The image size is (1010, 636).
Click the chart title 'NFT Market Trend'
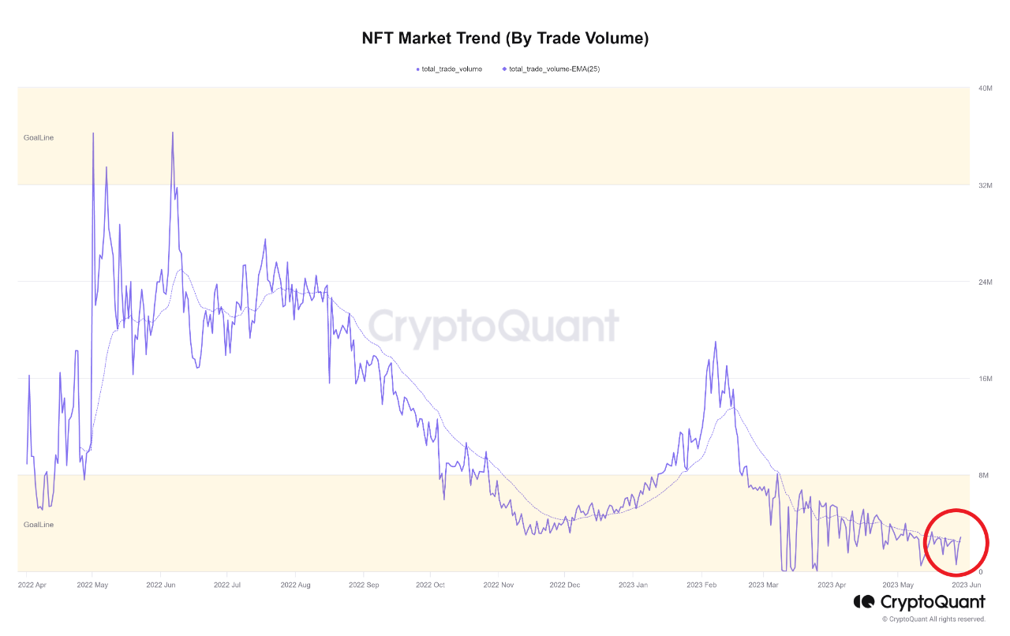tap(505, 38)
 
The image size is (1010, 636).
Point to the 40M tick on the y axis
tap(985, 88)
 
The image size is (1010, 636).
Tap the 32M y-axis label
tap(985, 185)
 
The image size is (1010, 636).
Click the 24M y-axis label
tap(985, 282)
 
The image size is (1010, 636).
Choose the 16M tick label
tap(985, 379)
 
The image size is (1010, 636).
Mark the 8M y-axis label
tap(983, 475)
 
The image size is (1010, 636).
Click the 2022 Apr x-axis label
tap(31, 585)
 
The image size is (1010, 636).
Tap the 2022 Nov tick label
tap(498, 585)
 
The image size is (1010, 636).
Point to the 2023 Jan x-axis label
tap(633, 585)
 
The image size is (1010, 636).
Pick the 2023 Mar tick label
tap(762, 585)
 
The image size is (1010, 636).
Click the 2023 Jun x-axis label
tap(965, 585)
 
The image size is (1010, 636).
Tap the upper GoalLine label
tap(39, 138)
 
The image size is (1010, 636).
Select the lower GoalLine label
tap(39, 525)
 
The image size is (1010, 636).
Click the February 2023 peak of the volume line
tap(716, 342)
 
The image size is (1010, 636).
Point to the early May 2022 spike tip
tap(93, 133)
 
